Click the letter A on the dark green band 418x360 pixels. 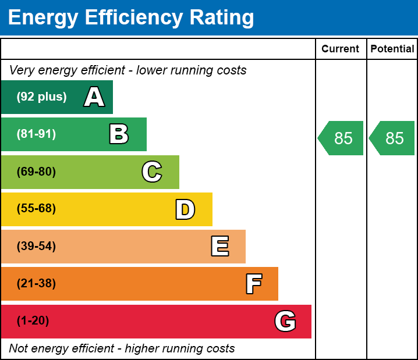[94, 97]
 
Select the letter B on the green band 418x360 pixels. [119, 134]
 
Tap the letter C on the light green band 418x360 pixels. [152, 172]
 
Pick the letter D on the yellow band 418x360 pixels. [185, 209]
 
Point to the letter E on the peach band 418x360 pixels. [219, 247]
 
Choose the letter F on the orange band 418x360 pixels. [253, 284]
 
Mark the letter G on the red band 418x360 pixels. [285, 321]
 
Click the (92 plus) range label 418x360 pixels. [41, 97]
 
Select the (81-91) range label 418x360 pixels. [36, 134]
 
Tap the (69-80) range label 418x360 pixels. [36, 172]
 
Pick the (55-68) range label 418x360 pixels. [36, 209]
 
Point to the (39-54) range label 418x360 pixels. [36, 247]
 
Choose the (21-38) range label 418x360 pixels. [36, 284]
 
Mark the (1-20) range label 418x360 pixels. [33, 321]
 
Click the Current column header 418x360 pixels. [341, 49]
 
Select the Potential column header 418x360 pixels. [392, 49]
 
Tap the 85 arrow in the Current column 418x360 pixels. [342, 138]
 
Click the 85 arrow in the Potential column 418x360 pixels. [393, 138]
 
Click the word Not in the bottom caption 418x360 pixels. [19, 348]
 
